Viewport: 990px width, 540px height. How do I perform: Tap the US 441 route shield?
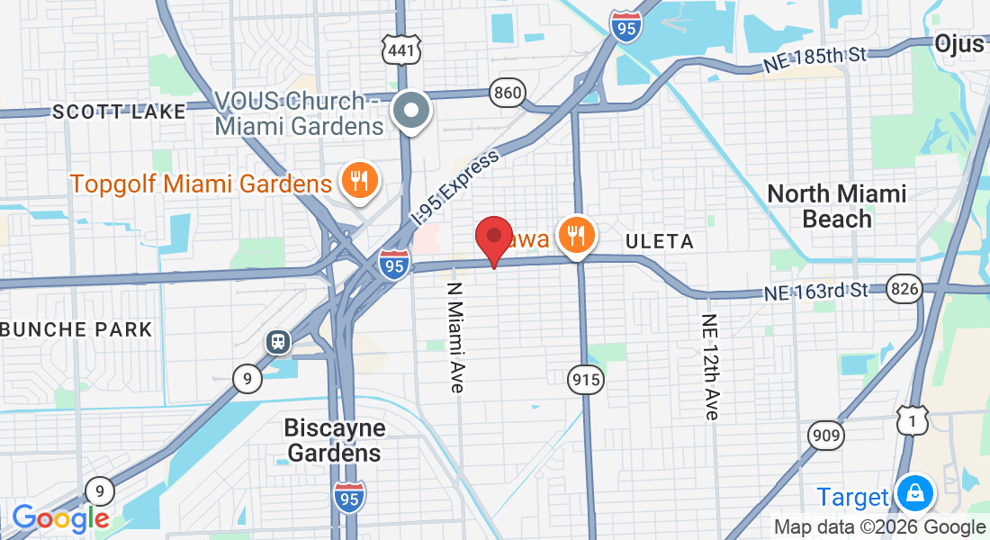pyautogui.click(x=400, y=50)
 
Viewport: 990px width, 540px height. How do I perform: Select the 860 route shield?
pyautogui.click(x=508, y=93)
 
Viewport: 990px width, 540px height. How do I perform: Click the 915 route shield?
pyautogui.click(x=585, y=381)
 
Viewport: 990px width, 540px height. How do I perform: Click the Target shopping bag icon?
pyautogui.click(x=915, y=494)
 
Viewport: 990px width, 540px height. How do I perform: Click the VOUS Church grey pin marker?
pyautogui.click(x=413, y=112)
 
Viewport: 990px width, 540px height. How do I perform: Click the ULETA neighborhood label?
pyautogui.click(x=660, y=241)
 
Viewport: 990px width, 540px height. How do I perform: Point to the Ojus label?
pyautogui.click(x=959, y=43)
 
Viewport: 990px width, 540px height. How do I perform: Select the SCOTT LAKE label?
pyautogui.click(x=119, y=112)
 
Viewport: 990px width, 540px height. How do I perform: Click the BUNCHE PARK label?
pyautogui.click(x=76, y=328)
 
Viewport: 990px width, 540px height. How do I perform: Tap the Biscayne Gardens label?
pyautogui.click(x=335, y=440)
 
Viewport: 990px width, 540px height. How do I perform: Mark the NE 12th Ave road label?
pyautogui.click(x=711, y=367)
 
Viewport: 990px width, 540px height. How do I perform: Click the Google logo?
pyautogui.click(x=59, y=518)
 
